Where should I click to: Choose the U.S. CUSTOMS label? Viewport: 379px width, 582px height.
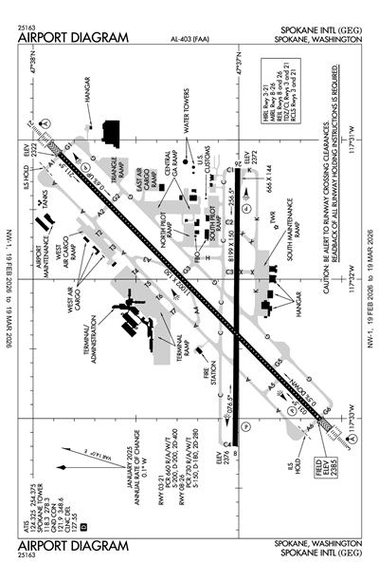208,157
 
